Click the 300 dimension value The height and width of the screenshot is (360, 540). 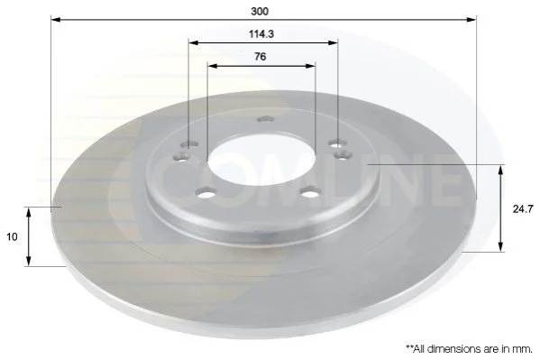click(x=260, y=12)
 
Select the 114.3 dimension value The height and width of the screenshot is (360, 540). click(x=261, y=34)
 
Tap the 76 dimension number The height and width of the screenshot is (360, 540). click(x=261, y=56)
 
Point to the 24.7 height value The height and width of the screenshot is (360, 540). click(x=523, y=209)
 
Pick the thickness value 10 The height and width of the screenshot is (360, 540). click(x=12, y=237)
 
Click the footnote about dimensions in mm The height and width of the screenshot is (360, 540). click(x=469, y=349)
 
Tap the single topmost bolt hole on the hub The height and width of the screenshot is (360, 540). click(x=266, y=119)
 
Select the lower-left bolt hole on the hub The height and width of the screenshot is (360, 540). click(x=206, y=193)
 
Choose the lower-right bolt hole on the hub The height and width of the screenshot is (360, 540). click(x=310, y=192)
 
